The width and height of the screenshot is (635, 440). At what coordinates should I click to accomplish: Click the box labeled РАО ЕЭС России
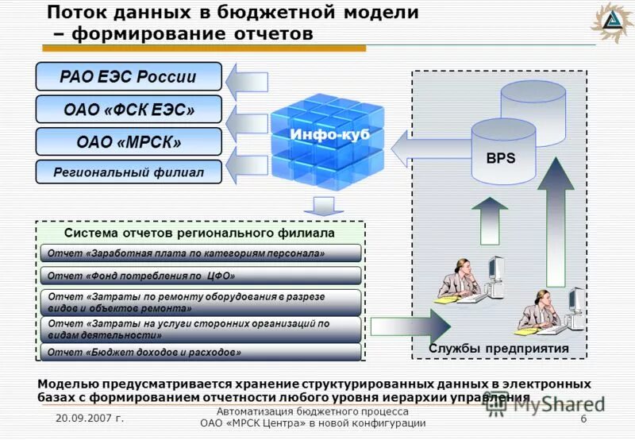tap(129, 77)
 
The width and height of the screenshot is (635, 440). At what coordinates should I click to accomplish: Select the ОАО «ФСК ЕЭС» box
tap(129, 109)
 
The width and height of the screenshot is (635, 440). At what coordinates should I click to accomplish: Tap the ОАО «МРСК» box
tap(129, 142)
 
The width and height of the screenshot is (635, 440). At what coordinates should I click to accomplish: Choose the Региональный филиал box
tap(129, 172)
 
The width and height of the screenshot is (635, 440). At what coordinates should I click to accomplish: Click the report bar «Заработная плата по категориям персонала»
tap(201, 253)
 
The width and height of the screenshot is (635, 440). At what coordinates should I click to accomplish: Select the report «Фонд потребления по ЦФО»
tap(201, 276)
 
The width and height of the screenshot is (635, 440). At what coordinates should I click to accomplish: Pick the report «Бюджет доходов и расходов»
tap(201, 351)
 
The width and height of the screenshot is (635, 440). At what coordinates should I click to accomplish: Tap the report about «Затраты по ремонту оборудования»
tap(201, 301)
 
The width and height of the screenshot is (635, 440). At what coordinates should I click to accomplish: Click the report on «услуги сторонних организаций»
tap(201, 329)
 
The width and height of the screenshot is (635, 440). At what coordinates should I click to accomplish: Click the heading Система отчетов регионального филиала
tap(199, 234)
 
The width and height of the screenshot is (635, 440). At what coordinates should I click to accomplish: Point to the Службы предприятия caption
tap(498, 348)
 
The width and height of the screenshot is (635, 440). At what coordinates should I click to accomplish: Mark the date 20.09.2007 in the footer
tap(90, 419)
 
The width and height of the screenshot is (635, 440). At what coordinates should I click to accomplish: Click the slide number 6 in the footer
tap(583, 419)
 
